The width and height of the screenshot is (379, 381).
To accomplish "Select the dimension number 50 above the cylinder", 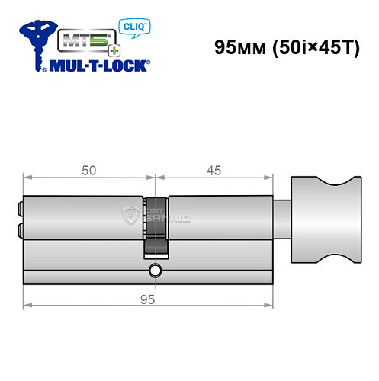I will [89, 171].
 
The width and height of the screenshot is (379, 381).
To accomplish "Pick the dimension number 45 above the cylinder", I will [214, 171].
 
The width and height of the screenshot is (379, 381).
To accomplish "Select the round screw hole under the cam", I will [156, 270].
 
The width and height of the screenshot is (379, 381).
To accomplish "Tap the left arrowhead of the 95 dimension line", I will [27, 306].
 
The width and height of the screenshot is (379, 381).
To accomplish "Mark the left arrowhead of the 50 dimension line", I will [27, 180].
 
